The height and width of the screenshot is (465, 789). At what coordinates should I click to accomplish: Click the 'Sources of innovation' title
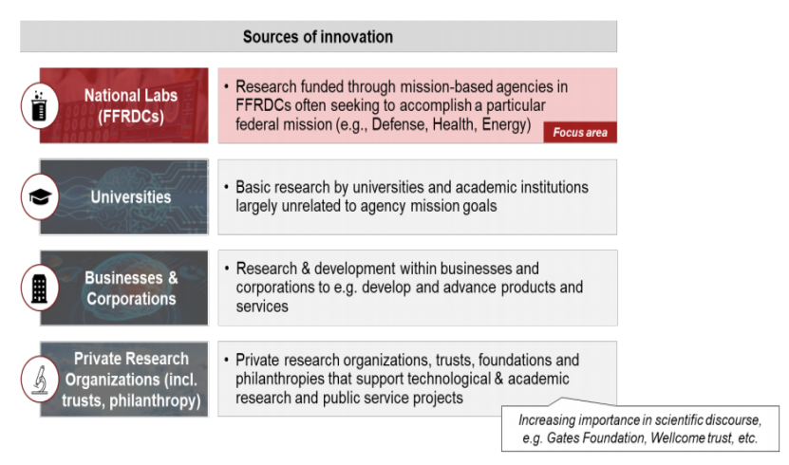(317, 37)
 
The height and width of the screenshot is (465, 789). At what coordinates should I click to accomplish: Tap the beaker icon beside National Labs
(39, 106)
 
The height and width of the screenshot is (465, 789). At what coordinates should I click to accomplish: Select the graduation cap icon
(40, 197)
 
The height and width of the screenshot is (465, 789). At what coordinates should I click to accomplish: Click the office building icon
(39, 288)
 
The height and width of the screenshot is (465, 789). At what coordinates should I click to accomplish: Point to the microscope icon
(40, 380)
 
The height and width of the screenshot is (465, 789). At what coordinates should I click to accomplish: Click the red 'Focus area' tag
(580, 132)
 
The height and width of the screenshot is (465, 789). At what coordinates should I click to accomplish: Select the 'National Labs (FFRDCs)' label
(131, 105)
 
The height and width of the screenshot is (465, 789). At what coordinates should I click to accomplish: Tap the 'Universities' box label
(131, 197)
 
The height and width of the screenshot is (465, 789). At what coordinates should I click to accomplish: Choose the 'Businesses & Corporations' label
(131, 288)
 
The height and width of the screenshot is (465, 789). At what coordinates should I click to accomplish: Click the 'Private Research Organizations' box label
(131, 379)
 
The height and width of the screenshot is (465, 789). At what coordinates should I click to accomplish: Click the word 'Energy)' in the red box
(506, 124)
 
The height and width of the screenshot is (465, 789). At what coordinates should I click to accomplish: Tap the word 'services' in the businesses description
(262, 307)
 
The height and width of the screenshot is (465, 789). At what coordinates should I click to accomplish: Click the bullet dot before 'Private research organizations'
(226, 360)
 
